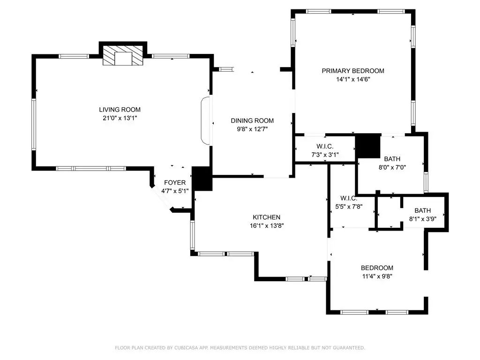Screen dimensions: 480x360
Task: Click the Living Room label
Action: [120, 110]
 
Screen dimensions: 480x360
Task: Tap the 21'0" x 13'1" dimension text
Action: [120, 118]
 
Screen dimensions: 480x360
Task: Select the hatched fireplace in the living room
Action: [123, 55]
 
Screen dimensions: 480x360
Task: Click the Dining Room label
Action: [252, 120]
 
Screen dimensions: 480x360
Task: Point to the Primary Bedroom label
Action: [353, 71]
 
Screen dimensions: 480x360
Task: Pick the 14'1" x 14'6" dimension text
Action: [353, 79]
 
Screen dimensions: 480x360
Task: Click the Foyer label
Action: [175, 182]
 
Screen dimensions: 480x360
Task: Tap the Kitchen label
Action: [266, 217]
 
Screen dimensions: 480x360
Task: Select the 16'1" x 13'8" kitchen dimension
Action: [267, 225]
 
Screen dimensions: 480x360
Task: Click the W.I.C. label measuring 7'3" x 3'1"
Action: [325, 146]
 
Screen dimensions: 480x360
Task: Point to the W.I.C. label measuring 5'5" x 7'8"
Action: [349, 198]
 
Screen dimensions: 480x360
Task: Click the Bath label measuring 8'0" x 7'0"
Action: [392, 159]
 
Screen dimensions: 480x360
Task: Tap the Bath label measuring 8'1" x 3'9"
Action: [423, 210]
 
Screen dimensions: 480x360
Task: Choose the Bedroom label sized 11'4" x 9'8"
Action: [377, 268]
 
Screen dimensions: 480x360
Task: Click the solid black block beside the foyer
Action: [202, 179]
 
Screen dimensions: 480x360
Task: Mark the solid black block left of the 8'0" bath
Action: [368, 146]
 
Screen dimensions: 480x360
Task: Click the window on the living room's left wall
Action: [34, 124]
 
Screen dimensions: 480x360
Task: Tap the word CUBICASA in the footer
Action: [186, 348]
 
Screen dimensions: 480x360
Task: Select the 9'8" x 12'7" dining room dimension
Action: [252, 129]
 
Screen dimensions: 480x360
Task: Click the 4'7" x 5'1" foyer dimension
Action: [175, 191]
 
